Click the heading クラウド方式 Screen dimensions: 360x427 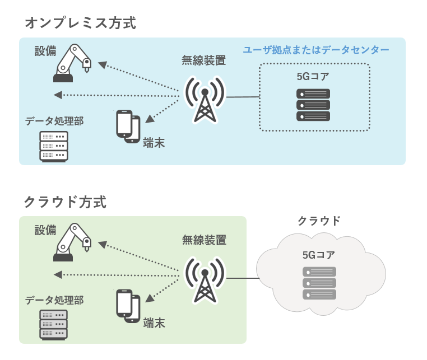tap(65, 202)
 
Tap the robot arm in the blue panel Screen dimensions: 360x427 tap(72, 63)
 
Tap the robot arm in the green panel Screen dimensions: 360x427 tap(72, 242)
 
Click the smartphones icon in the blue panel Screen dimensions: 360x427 tap(128, 126)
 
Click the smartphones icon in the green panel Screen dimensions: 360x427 tap(128, 306)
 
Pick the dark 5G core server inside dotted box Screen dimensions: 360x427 tap(313, 105)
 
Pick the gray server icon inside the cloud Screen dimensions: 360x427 tap(319, 283)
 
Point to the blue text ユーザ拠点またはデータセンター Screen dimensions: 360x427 tap(316, 50)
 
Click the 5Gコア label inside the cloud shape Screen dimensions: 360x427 tap(319, 255)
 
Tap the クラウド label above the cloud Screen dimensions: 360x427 tap(319, 221)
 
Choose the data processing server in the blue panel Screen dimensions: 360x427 tap(54, 146)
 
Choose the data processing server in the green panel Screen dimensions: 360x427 tap(54, 324)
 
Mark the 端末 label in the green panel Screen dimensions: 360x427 tap(154, 323)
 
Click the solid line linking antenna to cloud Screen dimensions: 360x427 tap(242, 278)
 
